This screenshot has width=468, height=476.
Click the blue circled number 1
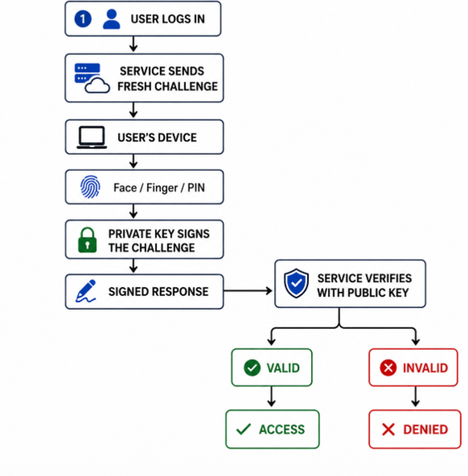click(83, 19)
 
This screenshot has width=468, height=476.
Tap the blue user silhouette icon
click(111, 19)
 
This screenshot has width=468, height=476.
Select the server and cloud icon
click(92, 78)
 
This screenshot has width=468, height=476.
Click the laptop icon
click(92, 137)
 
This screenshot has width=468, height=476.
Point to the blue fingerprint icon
click(90, 187)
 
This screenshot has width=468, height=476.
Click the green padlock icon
click(88, 240)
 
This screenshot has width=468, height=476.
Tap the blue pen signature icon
click(86, 291)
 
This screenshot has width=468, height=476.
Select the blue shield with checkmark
click(296, 284)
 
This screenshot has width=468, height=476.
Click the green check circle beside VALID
click(252, 368)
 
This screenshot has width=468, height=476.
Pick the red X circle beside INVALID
click(388, 368)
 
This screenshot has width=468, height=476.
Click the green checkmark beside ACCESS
click(244, 429)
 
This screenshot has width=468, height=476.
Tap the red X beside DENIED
click(389, 430)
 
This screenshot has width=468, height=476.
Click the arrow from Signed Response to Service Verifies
click(248, 291)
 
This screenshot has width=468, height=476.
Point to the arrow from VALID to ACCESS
click(271, 397)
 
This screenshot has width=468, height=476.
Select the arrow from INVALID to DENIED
click(416, 397)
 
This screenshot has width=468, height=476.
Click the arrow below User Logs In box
click(133, 44)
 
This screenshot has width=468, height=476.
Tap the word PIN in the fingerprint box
click(196, 188)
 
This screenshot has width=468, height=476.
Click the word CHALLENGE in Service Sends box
click(186, 86)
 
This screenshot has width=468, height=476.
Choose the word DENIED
click(425, 430)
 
